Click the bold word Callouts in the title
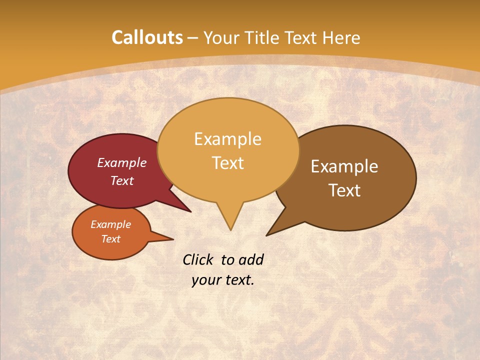pyautogui.click(x=147, y=37)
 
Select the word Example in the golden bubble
pyautogui.click(x=227, y=138)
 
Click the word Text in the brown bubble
pyautogui.click(x=344, y=190)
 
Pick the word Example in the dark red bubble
pyautogui.click(x=122, y=162)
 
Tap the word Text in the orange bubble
pyautogui.click(x=111, y=239)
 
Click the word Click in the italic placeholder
pyautogui.click(x=198, y=259)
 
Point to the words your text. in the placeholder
pyautogui.click(x=223, y=280)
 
